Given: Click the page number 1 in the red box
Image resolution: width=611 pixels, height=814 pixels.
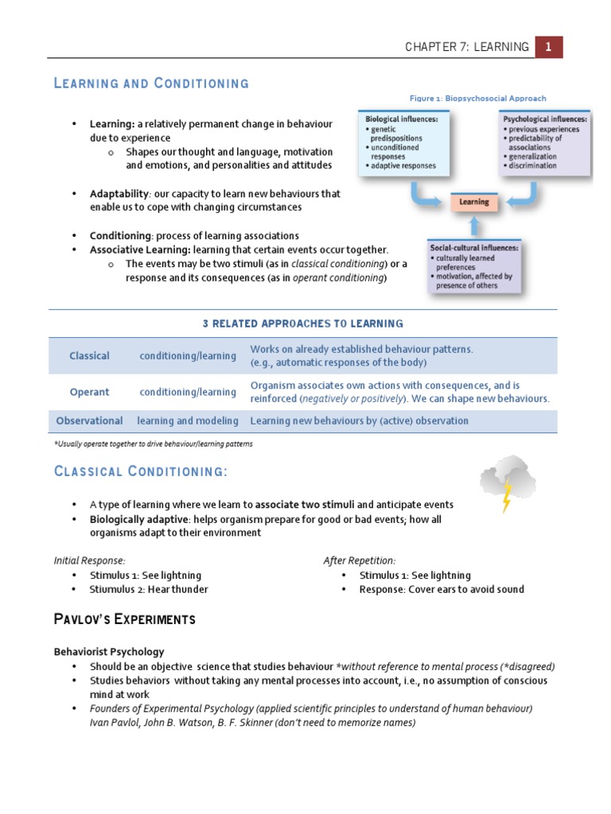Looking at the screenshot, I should coord(548,47).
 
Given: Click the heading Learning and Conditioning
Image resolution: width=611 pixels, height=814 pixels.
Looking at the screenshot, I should coord(151,83).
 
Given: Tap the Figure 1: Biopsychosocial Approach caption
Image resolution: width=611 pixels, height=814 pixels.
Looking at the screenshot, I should coord(478,99).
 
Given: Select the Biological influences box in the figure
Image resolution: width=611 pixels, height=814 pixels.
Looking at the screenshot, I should coord(402,144).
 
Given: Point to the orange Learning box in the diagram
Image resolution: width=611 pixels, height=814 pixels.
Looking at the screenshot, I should coord(474,203).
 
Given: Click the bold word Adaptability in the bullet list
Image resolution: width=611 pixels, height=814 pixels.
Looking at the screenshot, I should coord(119,193).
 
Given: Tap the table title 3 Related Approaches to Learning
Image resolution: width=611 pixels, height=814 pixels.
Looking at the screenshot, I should coord(302,324).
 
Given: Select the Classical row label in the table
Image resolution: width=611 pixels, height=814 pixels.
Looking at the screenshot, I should coord(89,355).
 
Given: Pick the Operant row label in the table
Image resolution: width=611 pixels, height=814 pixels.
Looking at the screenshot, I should coord(89,392).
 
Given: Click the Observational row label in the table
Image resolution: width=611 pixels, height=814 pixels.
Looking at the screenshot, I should coord(89,421).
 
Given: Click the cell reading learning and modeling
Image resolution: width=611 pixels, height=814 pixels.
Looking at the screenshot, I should coord(188,421).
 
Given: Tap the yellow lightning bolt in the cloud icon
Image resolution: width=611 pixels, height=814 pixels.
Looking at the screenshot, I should coord(506,495).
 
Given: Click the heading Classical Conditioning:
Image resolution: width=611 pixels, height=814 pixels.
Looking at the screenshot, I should coord(141,472).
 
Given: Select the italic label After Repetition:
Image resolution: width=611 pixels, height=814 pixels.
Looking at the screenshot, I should coord(359,560).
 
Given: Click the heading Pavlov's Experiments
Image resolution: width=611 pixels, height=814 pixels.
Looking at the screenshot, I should coord(124,619).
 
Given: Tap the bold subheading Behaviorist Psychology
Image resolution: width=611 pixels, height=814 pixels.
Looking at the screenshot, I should coord(109,651).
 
